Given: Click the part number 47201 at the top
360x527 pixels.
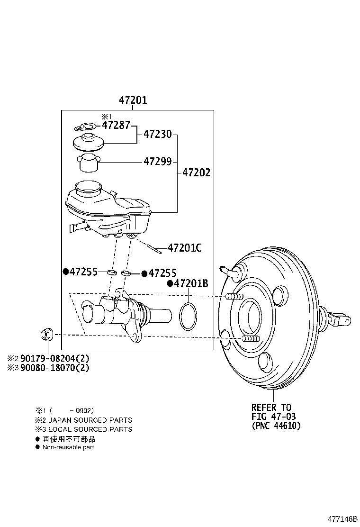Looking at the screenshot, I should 133,100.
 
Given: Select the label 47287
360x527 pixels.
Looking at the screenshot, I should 116,126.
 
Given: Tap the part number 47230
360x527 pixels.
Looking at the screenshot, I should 158,135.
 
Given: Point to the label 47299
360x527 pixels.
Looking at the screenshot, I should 158,161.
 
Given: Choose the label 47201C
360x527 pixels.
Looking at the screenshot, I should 185,247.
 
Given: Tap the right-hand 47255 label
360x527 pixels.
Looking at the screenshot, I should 162,273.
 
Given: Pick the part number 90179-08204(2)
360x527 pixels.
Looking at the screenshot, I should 53,358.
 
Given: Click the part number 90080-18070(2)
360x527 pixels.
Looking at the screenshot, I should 53,367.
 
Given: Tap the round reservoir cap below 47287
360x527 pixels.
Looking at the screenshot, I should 87,142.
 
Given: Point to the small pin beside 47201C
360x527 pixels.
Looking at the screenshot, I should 156,246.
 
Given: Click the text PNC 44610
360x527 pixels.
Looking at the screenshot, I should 276,426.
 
